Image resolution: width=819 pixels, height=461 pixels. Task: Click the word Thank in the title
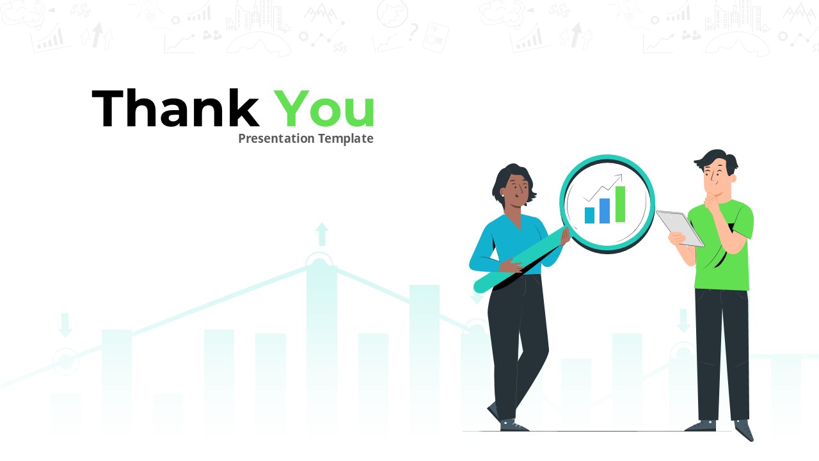175,109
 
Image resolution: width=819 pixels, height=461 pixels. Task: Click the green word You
324,109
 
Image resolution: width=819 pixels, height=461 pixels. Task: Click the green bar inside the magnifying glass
620,204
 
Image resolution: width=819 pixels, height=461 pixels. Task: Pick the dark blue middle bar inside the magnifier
605,211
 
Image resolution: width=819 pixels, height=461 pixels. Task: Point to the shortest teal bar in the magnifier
589,215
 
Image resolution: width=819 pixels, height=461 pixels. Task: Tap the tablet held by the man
681,227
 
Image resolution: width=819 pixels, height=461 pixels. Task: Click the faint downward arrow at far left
65,325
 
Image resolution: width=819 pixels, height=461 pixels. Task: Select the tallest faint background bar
321,346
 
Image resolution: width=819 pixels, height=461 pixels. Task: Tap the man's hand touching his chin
710,203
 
